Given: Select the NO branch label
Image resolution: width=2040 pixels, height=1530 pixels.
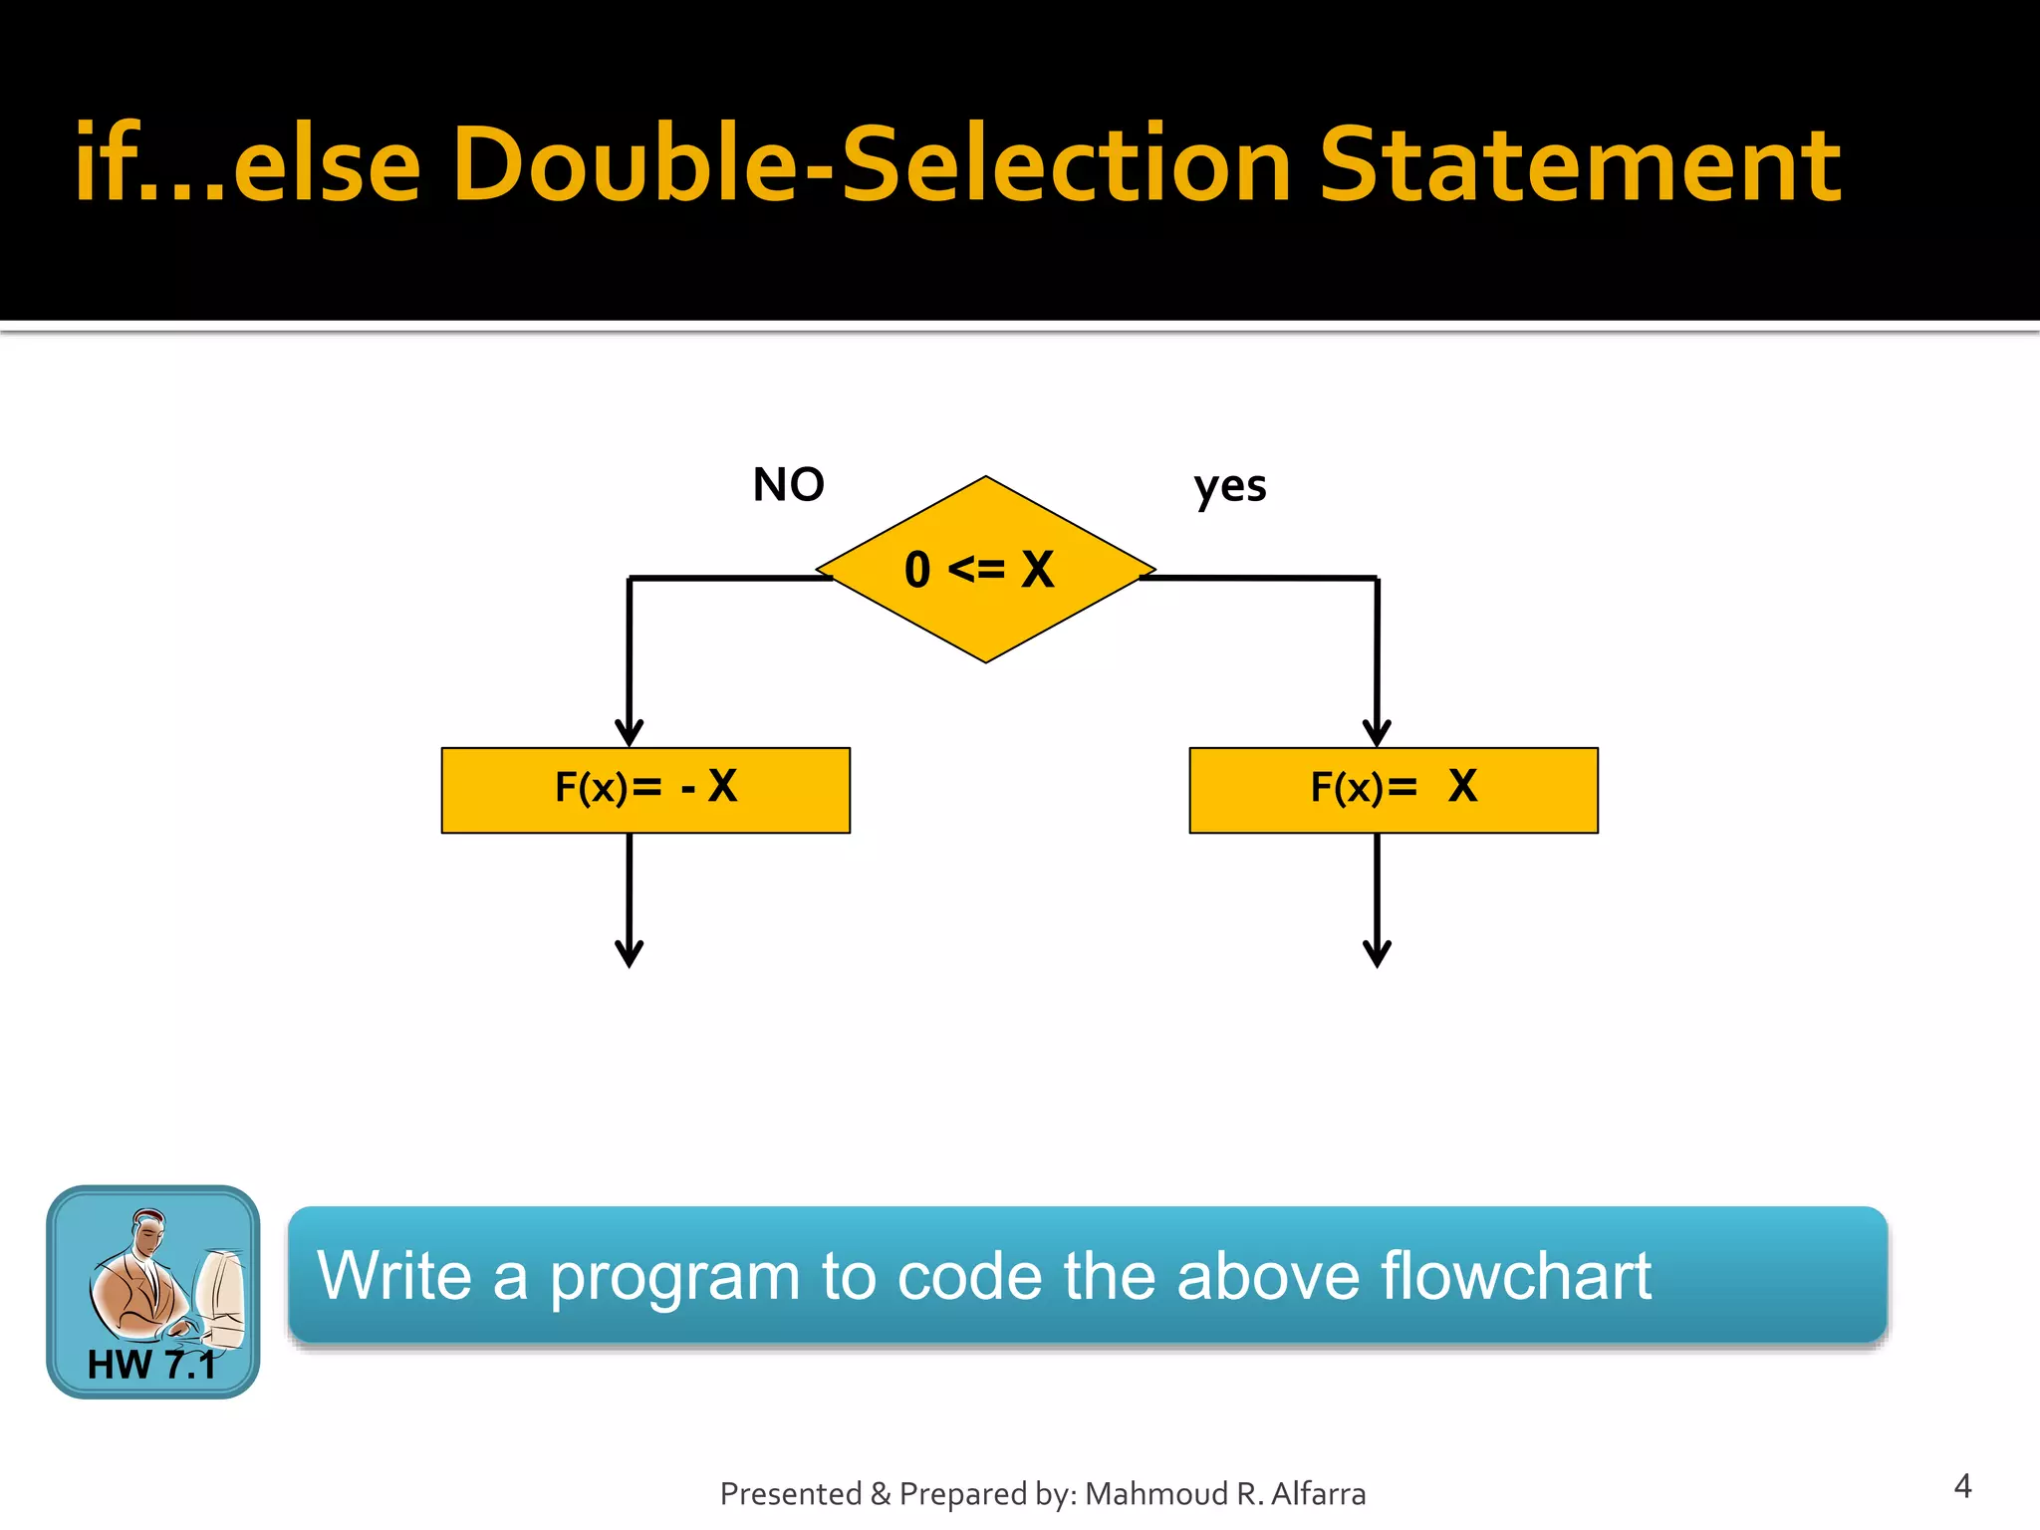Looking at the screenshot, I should [x=788, y=485].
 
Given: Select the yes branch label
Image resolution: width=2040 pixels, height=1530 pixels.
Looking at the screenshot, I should [x=1230, y=487].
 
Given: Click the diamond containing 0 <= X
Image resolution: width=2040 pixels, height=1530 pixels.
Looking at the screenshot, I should [x=985, y=570].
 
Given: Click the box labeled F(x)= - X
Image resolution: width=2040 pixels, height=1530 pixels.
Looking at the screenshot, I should [x=645, y=790].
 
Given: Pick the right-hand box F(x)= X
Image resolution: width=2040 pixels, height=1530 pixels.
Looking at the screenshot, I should [x=1393, y=790].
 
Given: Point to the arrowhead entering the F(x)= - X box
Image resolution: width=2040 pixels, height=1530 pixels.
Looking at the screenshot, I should [x=629, y=735].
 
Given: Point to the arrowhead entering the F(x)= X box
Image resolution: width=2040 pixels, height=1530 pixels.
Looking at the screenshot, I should [x=1377, y=735].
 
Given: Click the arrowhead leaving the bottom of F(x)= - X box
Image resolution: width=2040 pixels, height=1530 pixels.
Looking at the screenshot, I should [x=629, y=954].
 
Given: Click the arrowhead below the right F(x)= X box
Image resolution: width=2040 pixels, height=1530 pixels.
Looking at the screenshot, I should [x=1377, y=954].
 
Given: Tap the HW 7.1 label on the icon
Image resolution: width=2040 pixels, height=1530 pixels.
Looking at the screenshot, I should [x=151, y=1365].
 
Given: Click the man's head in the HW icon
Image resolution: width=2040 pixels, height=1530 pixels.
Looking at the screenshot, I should [x=148, y=1231].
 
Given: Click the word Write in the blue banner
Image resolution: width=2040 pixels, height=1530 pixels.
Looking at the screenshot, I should [x=393, y=1276].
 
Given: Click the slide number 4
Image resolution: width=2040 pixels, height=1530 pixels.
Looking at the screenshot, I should [x=1962, y=1486].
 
